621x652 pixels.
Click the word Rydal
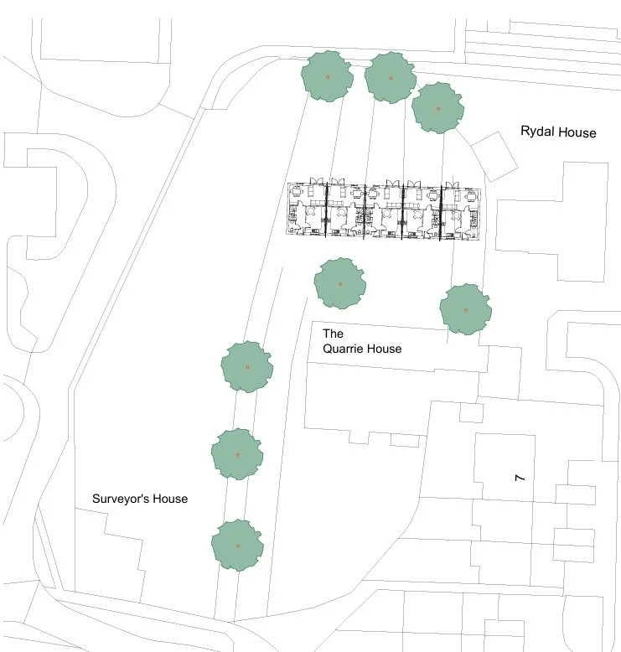point(537,132)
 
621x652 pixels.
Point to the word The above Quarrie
point(334,334)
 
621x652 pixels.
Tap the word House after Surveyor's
point(170,499)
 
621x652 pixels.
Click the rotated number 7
point(520,478)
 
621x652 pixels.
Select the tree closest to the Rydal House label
point(437,107)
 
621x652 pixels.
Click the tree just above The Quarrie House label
point(340,283)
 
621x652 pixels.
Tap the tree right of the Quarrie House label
point(465,308)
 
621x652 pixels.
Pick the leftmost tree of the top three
point(327,75)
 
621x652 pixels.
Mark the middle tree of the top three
point(391,77)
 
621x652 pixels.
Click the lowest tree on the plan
point(237,545)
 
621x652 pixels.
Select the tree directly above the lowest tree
point(237,454)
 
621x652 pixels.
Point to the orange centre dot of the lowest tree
point(237,546)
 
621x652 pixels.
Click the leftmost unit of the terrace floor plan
point(308,211)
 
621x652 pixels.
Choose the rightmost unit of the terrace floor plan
point(459,212)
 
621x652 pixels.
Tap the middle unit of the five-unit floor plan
point(384,212)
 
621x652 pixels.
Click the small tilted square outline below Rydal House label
point(496,156)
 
